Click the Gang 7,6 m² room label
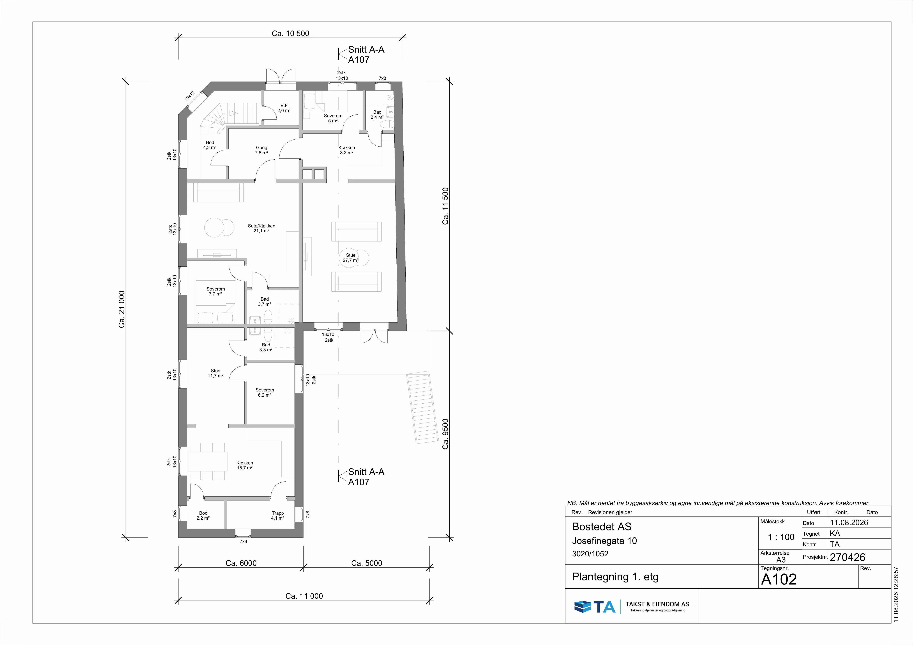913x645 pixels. pos(261,150)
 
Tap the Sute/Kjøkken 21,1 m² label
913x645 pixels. pos(261,228)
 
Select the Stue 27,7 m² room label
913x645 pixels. pos(350,258)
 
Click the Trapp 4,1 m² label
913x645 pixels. pos(278,516)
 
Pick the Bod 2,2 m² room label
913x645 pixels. pos(203,516)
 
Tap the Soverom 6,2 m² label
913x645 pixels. pos(264,392)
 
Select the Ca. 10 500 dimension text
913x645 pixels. pos(290,33)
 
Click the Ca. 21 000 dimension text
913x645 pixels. pos(122,309)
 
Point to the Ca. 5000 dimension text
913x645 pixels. pos(367,563)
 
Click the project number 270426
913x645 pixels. pos(847,557)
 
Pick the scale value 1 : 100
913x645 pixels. pos(781,537)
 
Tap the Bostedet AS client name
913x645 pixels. pos(602,527)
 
